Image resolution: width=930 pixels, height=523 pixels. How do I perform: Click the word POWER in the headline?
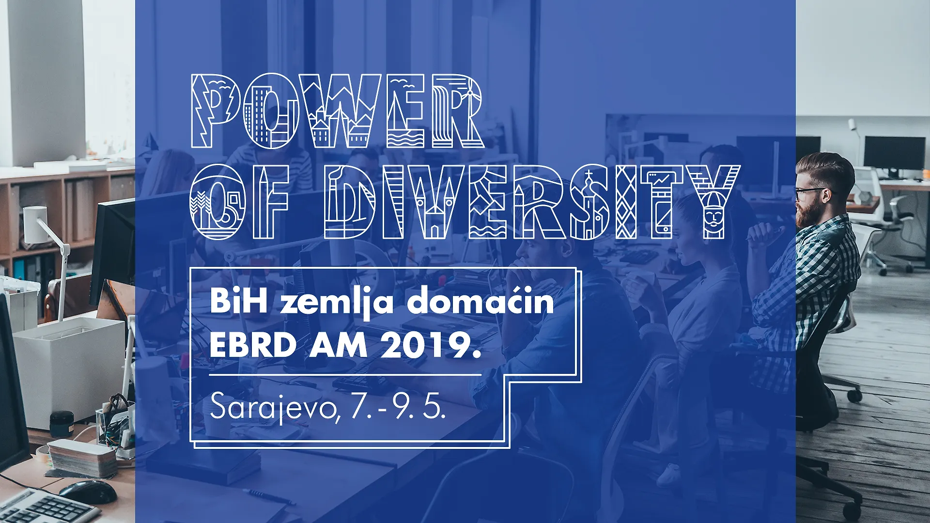point(338,110)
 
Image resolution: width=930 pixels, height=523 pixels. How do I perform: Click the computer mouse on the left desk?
point(88,490)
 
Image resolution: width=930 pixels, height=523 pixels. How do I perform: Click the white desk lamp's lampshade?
point(35,224)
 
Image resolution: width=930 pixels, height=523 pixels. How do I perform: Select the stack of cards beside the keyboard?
point(82,458)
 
